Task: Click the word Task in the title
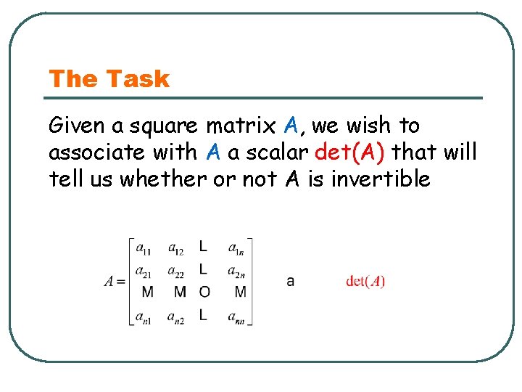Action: [x=137, y=79]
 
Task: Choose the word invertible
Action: [x=381, y=179]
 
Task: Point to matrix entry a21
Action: [x=144, y=271]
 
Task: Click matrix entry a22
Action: [x=175, y=271]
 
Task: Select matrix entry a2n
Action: [x=236, y=271]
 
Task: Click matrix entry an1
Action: [x=144, y=317]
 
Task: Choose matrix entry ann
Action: [x=236, y=317]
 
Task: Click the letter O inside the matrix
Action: [x=204, y=293]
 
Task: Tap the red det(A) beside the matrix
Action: [x=365, y=282]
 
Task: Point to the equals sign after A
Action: [x=120, y=282]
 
